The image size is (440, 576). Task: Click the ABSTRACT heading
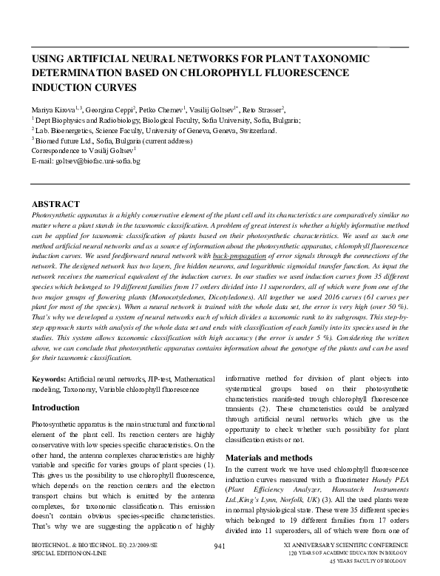55,204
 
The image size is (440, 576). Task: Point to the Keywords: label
49,379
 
